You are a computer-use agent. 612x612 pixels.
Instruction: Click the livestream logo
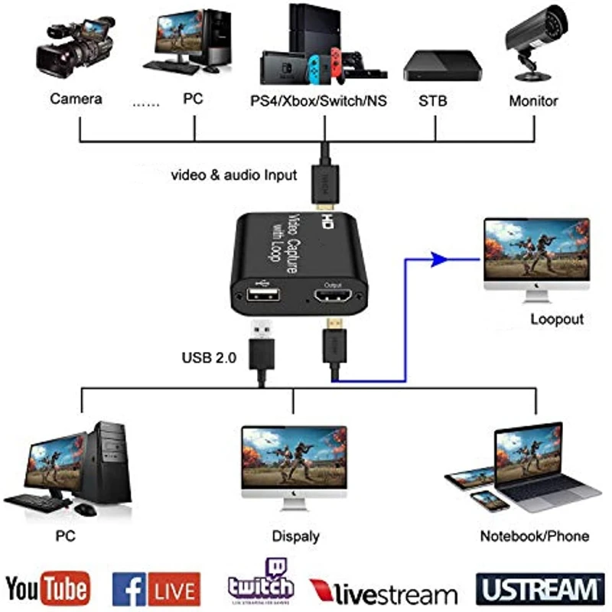click(384, 592)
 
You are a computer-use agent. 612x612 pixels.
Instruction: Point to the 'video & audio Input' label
click(233, 175)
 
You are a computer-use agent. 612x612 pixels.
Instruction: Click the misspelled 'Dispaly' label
click(295, 536)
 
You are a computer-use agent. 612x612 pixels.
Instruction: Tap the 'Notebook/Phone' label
click(535, 535)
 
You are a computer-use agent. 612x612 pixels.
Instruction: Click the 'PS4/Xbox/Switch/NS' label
click(319, 100)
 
